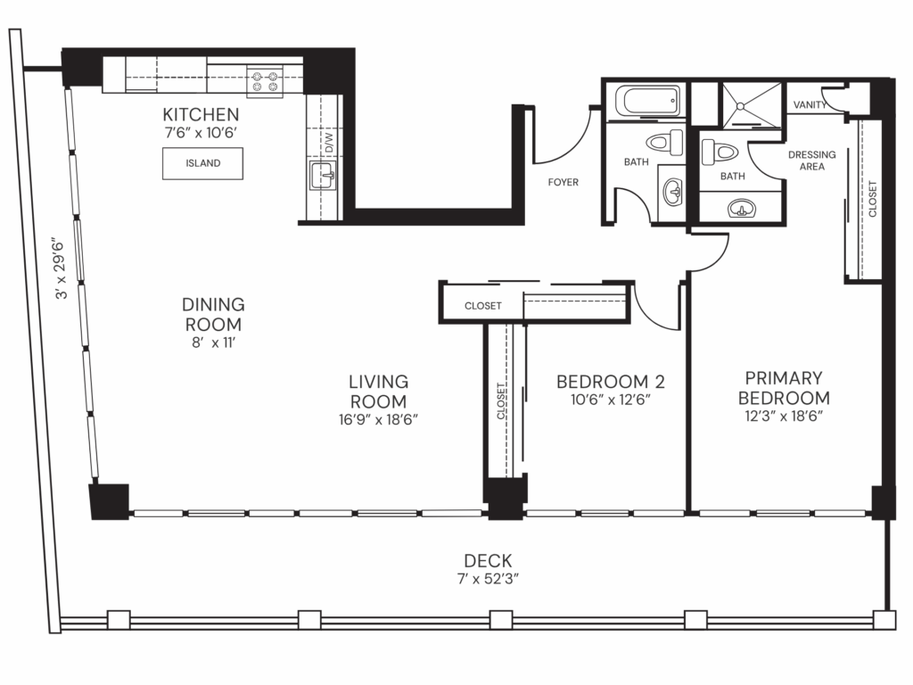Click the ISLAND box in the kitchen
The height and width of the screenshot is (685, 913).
coord(202,163)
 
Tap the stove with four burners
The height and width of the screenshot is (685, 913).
coord(264,81)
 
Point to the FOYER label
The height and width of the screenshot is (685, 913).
coord(563,183)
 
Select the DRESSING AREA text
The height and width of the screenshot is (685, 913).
coord(812,161)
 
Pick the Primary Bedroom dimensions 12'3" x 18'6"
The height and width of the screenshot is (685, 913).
coord(784,417)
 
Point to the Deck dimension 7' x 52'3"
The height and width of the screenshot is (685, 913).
coord(488,578)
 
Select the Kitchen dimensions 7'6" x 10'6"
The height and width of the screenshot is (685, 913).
coord(201,132)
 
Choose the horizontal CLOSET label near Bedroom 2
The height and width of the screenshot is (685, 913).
coord(482,306)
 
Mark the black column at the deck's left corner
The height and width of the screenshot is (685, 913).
coord(109,500)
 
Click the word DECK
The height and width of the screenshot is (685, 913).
coord(488,561)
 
